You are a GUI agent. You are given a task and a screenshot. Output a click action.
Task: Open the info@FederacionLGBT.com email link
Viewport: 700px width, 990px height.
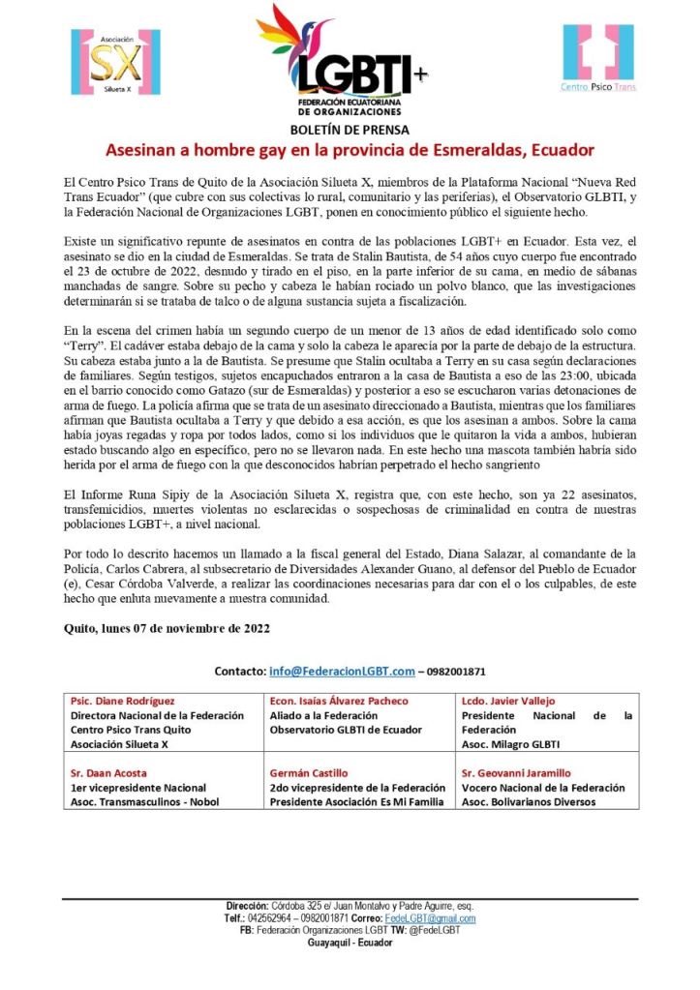[x=342, y=671]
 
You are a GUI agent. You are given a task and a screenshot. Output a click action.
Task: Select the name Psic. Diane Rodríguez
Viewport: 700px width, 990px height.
[x=122, y=701]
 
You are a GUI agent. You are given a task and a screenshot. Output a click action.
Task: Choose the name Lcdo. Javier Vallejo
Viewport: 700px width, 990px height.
[x=512, y=701]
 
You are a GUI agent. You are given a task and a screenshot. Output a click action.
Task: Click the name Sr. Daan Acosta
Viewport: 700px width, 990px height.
[x=107, y=773]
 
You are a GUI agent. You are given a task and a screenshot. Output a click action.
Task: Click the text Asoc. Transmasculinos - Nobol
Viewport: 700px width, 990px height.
[x=144, y=801]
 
